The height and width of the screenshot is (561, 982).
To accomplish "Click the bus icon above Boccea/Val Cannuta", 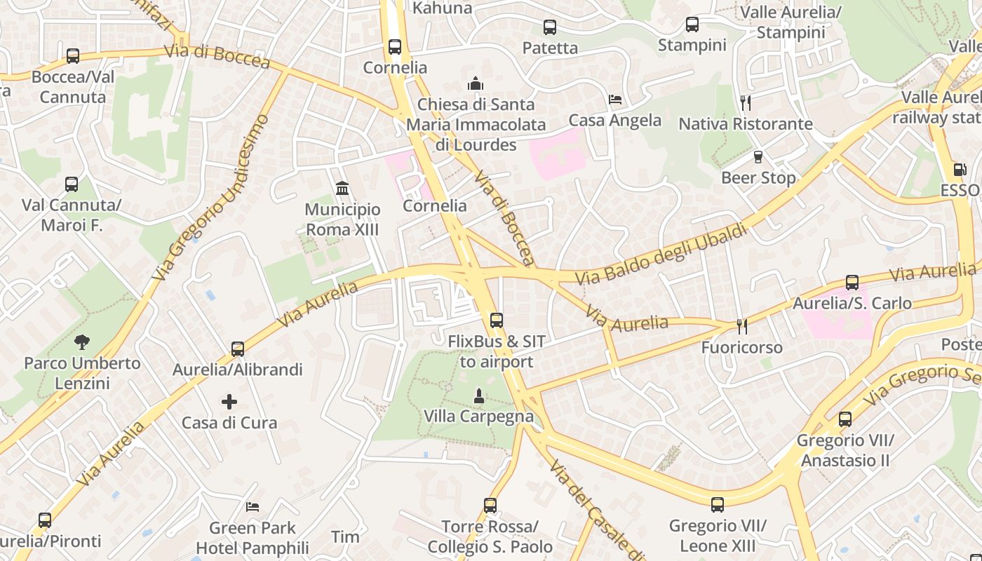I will [x=72, y=56].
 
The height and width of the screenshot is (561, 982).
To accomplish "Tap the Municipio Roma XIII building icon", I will [x=342, y=188].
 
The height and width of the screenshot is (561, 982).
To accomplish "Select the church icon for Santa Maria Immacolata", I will [x=476, y=83].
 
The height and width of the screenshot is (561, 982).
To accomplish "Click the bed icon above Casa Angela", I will [x=615, y=99].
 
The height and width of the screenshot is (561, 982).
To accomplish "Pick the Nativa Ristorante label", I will [x=745, y=124].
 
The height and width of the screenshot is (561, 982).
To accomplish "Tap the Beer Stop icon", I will [x=758, y=157].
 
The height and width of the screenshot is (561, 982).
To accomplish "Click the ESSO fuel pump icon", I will [x=960, y=169].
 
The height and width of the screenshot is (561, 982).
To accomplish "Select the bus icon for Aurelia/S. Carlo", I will [x=852, y=283].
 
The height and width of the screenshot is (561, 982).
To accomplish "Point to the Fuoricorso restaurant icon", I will [x=741, y=326].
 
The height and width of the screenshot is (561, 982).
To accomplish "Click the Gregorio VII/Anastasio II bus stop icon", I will [x=845, y=419].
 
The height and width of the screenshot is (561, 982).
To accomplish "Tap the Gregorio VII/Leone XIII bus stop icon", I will [x=717, y=505].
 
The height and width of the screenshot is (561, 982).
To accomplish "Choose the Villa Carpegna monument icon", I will [x=479, y=396].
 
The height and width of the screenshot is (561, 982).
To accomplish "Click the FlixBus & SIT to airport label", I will [x=497, y=352].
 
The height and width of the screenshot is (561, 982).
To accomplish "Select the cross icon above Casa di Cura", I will [x=229, y=402].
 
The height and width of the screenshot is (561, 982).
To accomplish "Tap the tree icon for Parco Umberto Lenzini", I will [x=82, y=342].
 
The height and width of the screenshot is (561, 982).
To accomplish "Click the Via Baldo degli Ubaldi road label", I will [x=661, y=254].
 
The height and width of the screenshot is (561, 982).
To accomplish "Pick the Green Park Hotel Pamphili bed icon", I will [x=253, y=506].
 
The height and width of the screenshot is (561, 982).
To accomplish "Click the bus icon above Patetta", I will [x=550, y=27].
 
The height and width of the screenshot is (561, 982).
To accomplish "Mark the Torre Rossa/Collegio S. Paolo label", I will [x=490, y=536].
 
